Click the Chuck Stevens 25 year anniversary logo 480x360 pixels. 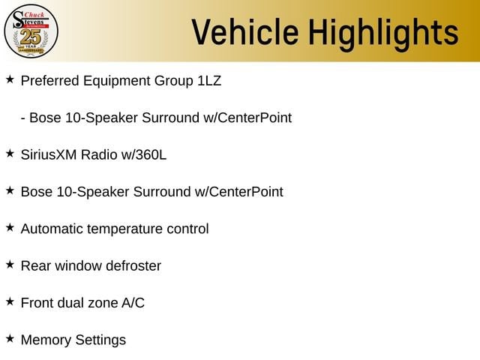click(x=31, y=31)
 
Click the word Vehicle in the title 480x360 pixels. click(x=245, y=32)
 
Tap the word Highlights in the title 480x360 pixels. click(x=383, y=34)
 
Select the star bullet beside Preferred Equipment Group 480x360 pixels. click(x=10, y=79)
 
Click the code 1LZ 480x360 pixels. click(x=209, y=81)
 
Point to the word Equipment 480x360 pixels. click(x=117, y=82)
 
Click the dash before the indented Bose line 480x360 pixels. click(x=23, y=118)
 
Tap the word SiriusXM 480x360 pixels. click(x=48, y=155)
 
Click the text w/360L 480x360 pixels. click(x=143, y=155)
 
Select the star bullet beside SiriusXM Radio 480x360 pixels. click(x=10, y=154)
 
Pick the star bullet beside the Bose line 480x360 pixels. click(x=10, y=190)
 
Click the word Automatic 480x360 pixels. click(x=52, y=229)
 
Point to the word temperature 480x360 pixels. click(x=124, y=229)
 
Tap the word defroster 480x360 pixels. click(x=133, y=266)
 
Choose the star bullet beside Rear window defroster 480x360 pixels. click(x=10, y=265)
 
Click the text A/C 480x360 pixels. click(x=133, y=303)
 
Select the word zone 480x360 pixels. click(x=103, y=304)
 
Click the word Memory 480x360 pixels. click(x=46, y=340)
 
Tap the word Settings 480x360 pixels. click(x=100, y=340)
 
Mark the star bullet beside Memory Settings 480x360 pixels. click(x=10, y=339)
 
